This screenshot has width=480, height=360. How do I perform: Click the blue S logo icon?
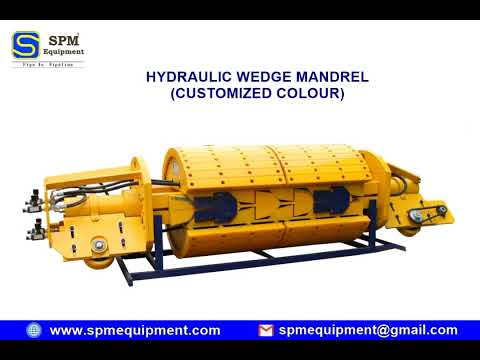(26, 45)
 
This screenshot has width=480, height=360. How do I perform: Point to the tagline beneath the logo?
(47, 64)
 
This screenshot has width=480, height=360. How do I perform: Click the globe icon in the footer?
(34, 330)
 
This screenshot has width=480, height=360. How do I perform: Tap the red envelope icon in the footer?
(265, 330)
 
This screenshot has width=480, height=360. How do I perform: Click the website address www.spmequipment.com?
(135, 330)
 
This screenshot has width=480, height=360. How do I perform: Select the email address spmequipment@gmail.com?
(368, 330)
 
